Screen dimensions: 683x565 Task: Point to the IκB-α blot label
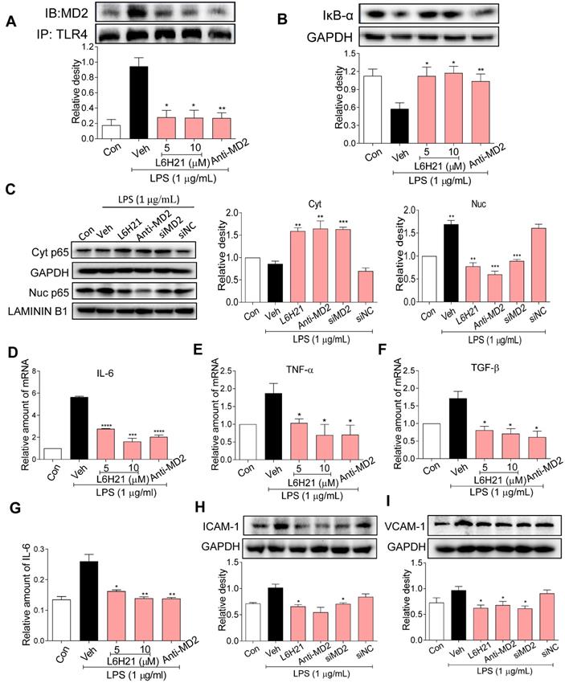pyautogui.click(x=330, y=13)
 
